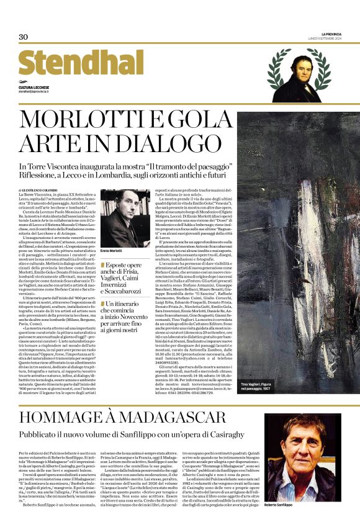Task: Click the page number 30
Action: point(23,37)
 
